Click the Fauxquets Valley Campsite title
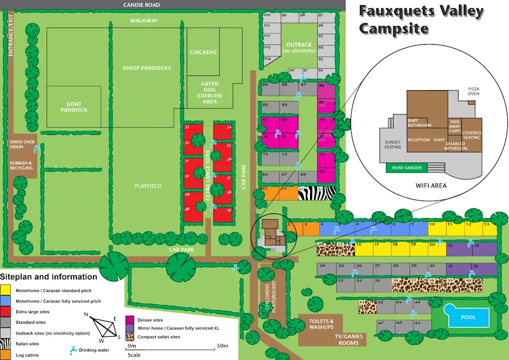point(421,20)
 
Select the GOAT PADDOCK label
point(74,107)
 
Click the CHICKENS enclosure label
point(203,52)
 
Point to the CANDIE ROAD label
point(142,5)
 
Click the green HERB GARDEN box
point(407,168)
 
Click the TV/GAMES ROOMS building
point(349,339)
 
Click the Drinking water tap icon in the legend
point(73,349)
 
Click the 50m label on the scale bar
point(222,345)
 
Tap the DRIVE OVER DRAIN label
point(22,144)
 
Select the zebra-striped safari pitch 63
point(316,193)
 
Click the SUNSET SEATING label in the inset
point(393,144)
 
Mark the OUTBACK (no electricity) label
point(299,48)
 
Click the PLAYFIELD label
point(148,186)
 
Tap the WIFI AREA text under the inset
point(431,185)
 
